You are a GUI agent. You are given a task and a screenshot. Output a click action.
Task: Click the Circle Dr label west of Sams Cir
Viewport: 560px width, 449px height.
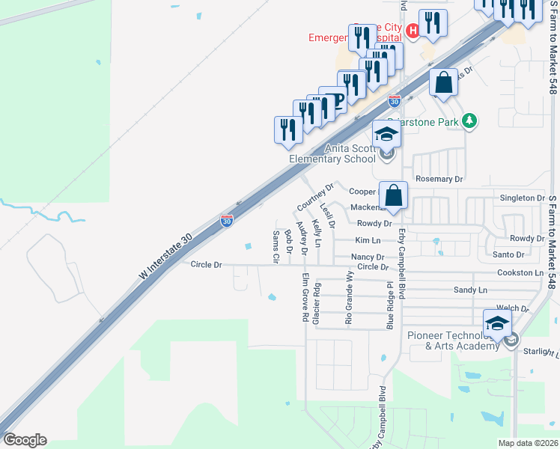coord(207,265)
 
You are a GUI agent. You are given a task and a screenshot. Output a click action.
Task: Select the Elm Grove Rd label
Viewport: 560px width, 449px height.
coord(305,298)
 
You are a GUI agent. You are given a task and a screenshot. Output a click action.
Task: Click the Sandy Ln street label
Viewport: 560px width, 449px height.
coord(470,290)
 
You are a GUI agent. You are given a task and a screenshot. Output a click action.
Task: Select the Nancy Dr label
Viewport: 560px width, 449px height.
coord(368,257)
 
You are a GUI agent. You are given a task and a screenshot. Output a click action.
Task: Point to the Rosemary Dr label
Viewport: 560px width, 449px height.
coord(439,180)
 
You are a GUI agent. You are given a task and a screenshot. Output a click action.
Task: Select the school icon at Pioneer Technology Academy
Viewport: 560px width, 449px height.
coord(497,323)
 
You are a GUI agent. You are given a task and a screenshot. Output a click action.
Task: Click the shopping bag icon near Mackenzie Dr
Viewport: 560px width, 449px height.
coord(393,195)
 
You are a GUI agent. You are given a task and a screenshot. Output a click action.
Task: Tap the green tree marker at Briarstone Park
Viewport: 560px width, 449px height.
coord(469,120)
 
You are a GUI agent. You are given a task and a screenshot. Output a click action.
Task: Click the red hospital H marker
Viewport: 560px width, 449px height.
coord(413,31)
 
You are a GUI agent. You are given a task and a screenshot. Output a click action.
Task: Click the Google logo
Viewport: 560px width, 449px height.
coord(25,440)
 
